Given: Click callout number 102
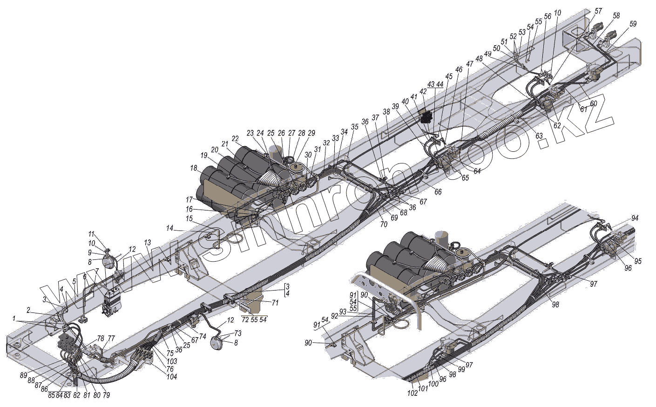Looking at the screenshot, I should tap(413, 393).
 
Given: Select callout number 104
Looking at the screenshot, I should tap(172, 376).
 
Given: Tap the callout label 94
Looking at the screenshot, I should tap(635, 218).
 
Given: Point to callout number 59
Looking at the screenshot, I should tap(633, 24).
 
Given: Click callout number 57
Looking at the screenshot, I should tap(598, 11).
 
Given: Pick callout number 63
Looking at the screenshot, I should tap(539, 136).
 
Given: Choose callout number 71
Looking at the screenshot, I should tap(275, 303).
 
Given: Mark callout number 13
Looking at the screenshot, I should tap(148, 243).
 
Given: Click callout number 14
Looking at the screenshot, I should tap(169, 228).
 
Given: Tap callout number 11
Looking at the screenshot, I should tap(91, 234).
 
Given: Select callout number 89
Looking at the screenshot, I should tap(24, 375).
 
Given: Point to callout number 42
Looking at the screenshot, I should tap(423, 92).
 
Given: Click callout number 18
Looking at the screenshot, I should tap(193, 168).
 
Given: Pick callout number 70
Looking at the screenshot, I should tap(384, 224).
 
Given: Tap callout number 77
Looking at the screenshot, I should tap(111, 338).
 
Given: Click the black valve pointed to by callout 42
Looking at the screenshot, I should tap(426, 116).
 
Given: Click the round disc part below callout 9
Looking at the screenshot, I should tap(109, 262).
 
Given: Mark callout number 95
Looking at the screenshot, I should tap(638, 261).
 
